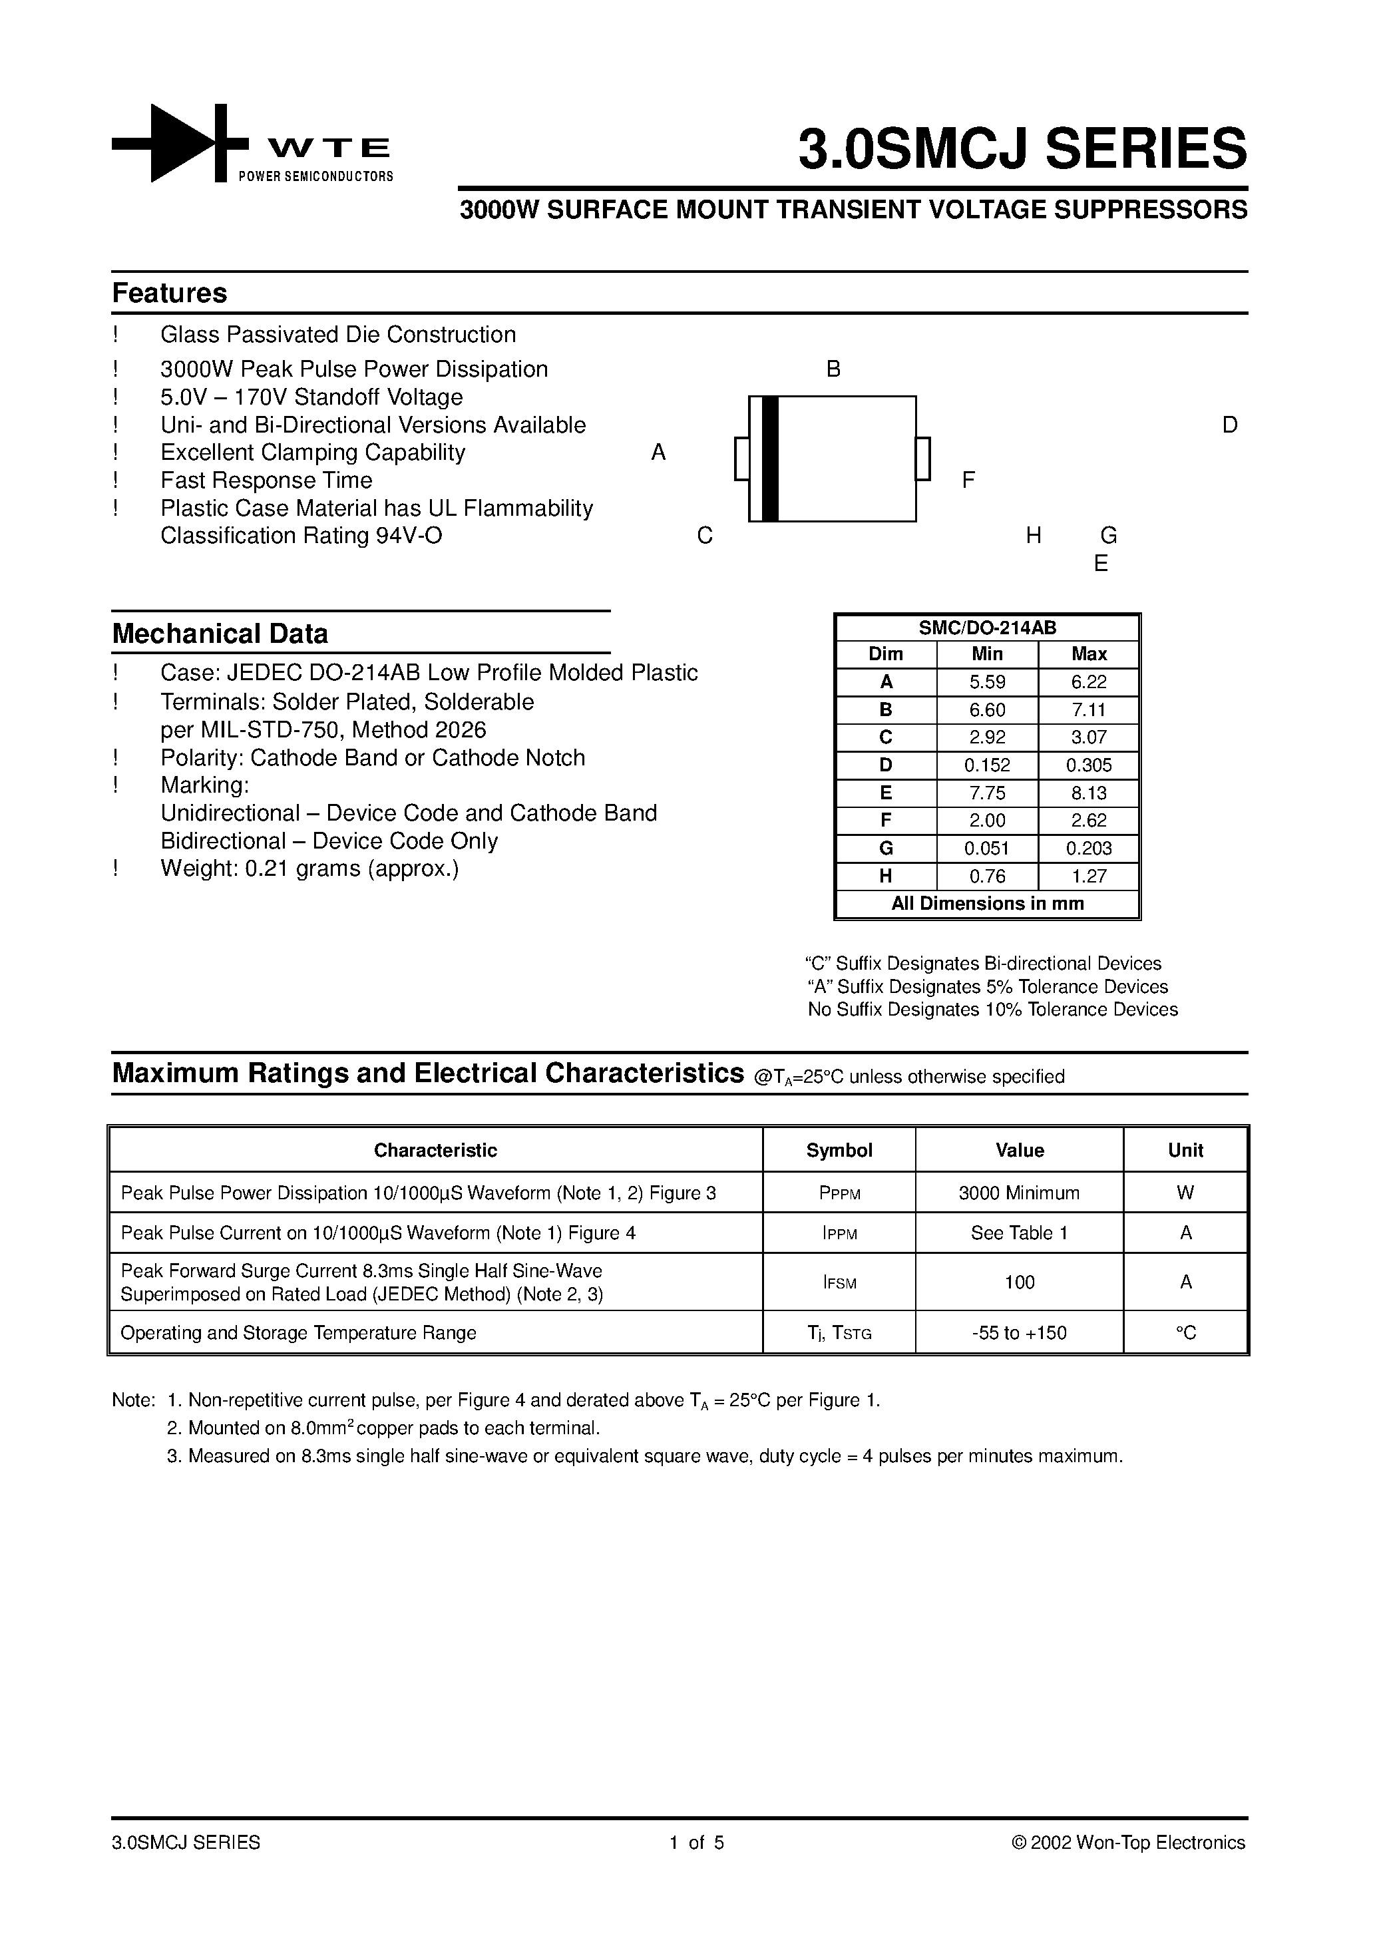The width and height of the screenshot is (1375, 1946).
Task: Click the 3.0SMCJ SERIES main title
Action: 1022,149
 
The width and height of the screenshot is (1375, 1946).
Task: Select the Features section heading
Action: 170,293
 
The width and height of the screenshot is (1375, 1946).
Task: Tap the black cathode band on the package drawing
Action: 770,459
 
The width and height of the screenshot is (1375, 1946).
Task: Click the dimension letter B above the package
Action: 833,369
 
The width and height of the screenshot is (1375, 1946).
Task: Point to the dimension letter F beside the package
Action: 968,481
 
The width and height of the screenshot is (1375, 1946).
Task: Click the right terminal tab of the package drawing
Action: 923,459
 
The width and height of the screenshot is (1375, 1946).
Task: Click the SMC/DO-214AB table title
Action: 987,628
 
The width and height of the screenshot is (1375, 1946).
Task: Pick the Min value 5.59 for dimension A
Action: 987,682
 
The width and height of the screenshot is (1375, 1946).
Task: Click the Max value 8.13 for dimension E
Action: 1088,793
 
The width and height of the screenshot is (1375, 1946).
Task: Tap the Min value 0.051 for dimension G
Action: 987,849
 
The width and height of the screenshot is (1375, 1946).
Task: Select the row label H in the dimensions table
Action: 885,876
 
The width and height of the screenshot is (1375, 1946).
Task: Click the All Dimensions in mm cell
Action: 987,904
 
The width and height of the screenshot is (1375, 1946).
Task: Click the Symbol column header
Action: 839,1150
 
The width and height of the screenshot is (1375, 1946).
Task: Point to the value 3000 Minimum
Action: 1019,1193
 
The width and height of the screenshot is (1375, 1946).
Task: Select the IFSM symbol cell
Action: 839,1282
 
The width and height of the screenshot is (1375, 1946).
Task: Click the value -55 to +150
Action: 1019,1333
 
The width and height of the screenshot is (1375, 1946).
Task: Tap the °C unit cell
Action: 1185,1333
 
